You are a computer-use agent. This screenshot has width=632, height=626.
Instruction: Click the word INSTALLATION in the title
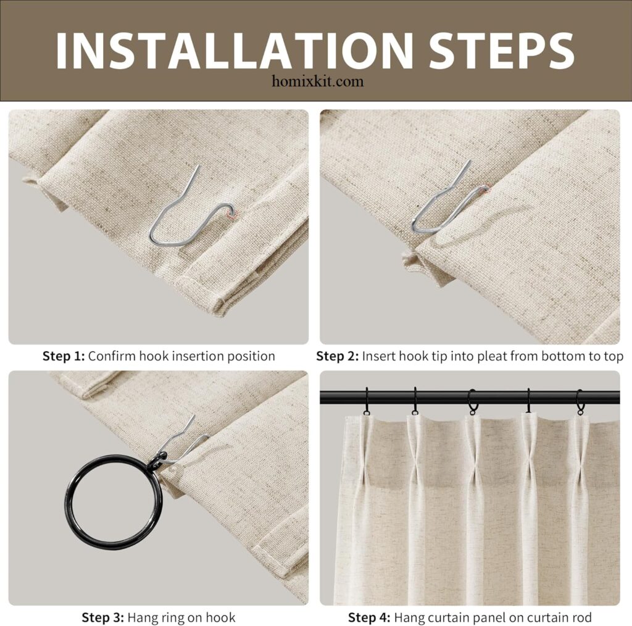click(234, 50)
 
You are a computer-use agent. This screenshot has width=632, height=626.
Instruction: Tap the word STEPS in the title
click(501, 50)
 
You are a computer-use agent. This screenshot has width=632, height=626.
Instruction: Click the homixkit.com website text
click(318, 81)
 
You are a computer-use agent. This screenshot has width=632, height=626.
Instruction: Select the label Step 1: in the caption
click(64, 356)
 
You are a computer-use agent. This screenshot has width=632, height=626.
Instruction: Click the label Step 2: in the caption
click(338, 356)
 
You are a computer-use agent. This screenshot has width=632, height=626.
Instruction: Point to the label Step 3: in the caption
click(103, 617)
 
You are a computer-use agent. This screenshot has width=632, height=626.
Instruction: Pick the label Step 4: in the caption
click(369, 617)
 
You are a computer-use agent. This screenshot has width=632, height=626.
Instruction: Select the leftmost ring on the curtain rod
click(367, 401)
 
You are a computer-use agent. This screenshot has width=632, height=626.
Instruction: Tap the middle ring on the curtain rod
click(472, 402)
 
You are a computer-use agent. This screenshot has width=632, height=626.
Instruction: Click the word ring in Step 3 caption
click(167, 618)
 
